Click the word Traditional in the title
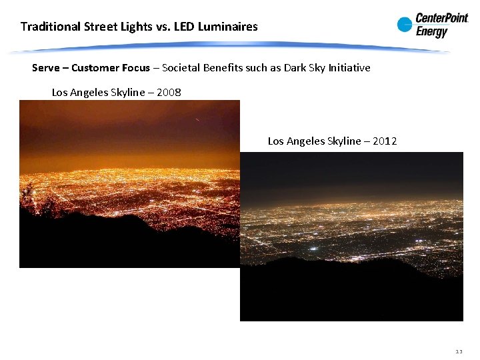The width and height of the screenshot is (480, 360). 49,27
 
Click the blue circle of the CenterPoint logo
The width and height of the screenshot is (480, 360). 405,25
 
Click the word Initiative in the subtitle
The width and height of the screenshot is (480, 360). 348,68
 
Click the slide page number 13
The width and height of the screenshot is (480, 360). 459,351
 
